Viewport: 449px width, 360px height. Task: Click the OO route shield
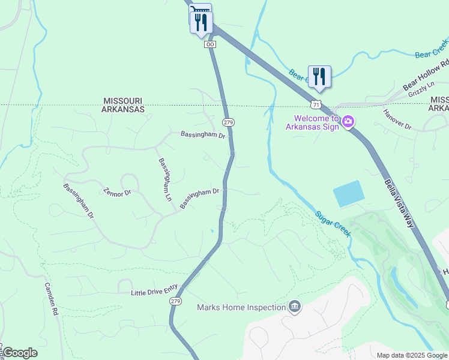click(x=209, y=44)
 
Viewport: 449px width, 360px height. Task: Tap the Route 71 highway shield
click(x=316, y=104)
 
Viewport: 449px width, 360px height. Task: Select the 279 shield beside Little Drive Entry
click(x=175, y=301)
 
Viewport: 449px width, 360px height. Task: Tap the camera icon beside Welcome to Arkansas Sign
click(x=348, y=123)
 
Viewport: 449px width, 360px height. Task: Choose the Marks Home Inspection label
click(x=241, y=308)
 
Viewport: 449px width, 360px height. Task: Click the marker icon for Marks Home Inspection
click(x=295, y=307)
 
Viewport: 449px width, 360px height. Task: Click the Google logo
click(x=20, y=353)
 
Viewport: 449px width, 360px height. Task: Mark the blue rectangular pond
click(x=349, y=194)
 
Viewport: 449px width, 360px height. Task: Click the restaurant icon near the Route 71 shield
click(x=319, y=77)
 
